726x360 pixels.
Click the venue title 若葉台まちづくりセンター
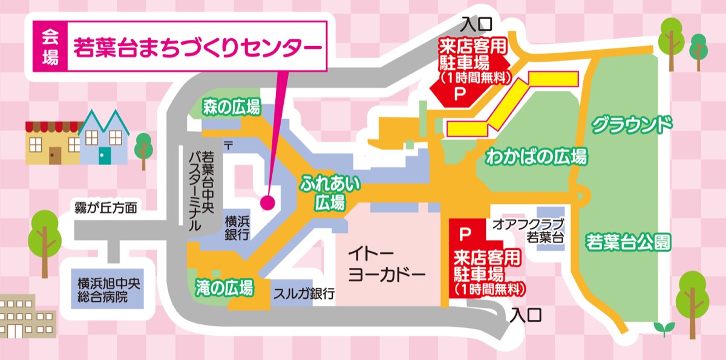pos(197,47)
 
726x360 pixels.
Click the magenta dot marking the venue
pos(268,202)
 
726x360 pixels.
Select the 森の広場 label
pos(232,109)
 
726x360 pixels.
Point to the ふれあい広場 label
pos(329,192)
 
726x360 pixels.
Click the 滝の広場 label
pos(224,287)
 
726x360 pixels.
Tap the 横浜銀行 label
pos(238,227)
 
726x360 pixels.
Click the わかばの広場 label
pos(536,157)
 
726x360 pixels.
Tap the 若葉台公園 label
pos(629,242)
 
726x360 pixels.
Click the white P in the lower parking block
pos(465,232)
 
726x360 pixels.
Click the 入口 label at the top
pos(477,24)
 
